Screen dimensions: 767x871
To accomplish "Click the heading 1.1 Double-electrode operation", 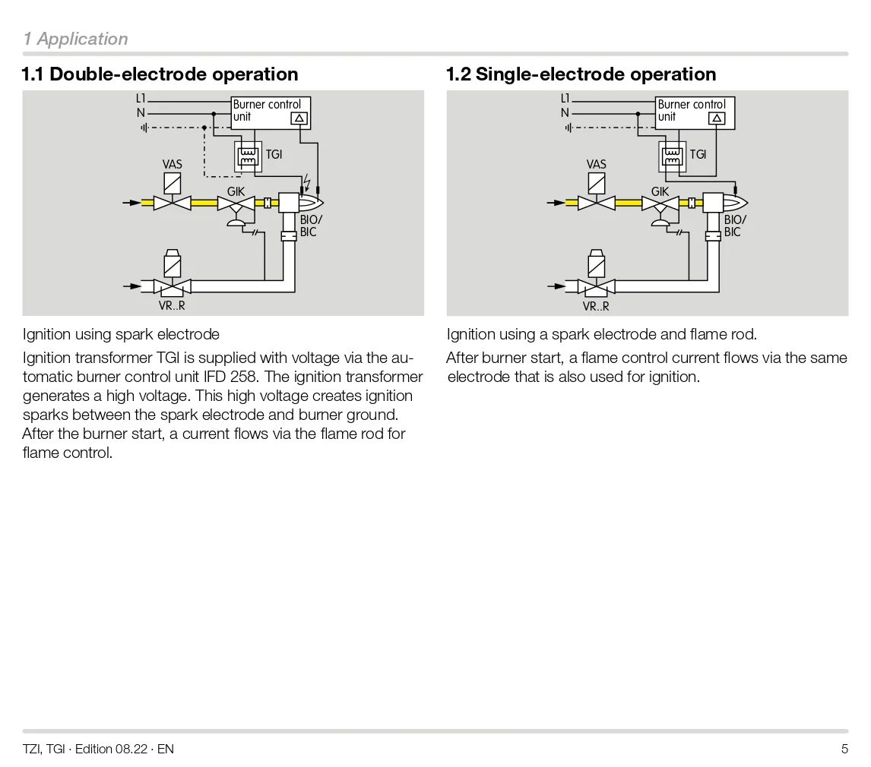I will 160,74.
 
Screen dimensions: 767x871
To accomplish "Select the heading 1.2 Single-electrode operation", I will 581,74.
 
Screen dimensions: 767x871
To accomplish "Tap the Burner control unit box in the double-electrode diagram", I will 271,112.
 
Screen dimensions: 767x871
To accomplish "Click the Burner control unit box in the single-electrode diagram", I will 695,112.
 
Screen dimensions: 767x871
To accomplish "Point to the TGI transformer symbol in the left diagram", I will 248,156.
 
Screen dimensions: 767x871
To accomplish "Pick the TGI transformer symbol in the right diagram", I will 672,156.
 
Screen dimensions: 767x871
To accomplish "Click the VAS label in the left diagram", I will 173,164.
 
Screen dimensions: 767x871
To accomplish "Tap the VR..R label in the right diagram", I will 596,307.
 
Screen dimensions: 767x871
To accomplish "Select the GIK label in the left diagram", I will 236,192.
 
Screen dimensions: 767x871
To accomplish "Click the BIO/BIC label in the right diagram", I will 734,226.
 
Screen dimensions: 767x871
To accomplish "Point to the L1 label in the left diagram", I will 141,99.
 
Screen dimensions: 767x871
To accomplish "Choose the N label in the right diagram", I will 565,113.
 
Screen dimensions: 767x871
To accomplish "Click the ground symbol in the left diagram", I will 144,127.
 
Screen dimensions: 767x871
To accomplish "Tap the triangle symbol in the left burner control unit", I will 299,118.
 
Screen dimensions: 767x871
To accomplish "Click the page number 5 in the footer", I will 844,749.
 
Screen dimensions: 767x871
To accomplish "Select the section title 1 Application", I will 75,39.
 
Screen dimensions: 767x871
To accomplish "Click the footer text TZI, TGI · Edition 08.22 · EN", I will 98,749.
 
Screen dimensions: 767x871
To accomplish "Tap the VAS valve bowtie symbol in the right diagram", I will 596,203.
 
